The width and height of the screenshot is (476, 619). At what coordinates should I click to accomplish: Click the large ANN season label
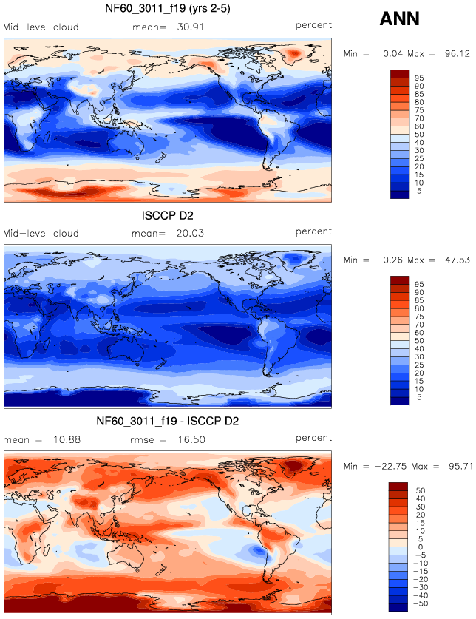400,19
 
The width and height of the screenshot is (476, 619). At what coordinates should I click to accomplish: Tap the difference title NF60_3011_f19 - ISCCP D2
168,421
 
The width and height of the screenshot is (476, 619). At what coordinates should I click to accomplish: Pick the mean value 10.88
67,439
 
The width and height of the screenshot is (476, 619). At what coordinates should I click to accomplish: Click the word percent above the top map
313,26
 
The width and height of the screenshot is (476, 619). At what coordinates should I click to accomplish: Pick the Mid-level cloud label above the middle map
41,234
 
